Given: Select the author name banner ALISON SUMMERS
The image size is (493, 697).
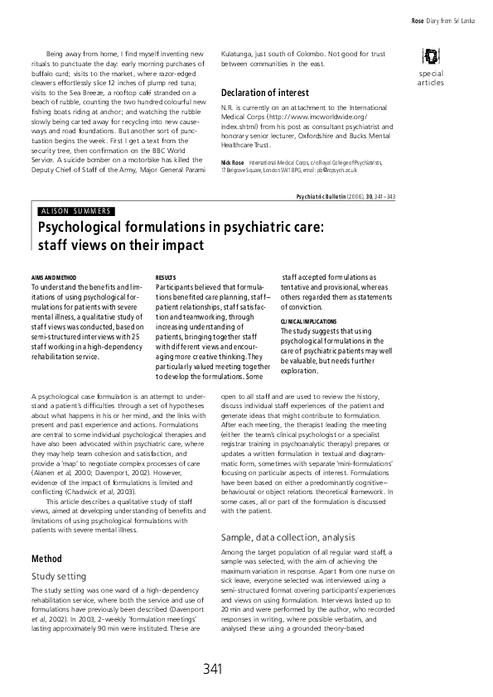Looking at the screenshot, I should tap(76, 210).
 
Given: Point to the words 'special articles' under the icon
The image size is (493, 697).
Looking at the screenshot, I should tap(431, 79).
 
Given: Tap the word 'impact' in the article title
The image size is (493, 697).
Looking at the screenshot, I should tap(184, 244).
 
